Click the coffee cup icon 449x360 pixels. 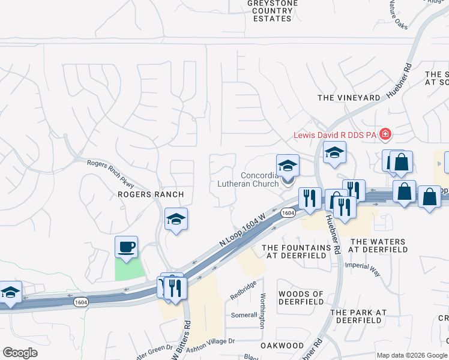(126, 247)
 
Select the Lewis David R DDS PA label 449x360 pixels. (334, 135)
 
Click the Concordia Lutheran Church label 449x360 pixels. (260, 180)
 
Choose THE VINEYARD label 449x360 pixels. (349, 98)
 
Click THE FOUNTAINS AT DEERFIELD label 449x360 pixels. (297, 251)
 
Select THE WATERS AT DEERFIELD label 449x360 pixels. (377, 245)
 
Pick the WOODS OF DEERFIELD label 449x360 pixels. (301, 298)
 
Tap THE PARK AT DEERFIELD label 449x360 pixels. (358, 316)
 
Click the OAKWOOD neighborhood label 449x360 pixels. (282, 346)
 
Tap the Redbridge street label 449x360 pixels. (243, 290)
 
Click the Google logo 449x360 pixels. (20, 353)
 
